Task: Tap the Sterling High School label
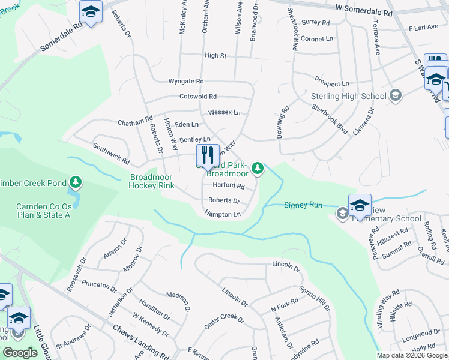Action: (348, 96)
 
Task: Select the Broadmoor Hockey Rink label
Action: (152, 181)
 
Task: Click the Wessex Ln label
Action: (224, 112)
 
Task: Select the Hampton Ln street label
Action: (222, 214)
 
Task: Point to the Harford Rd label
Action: (228, 186)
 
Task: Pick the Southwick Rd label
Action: (110, 154)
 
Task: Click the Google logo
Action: (20, 353)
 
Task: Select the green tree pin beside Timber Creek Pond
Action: (75, 181)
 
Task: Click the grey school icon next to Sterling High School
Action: (395, 95)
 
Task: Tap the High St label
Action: (215, 55)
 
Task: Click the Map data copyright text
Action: (412, 355)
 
